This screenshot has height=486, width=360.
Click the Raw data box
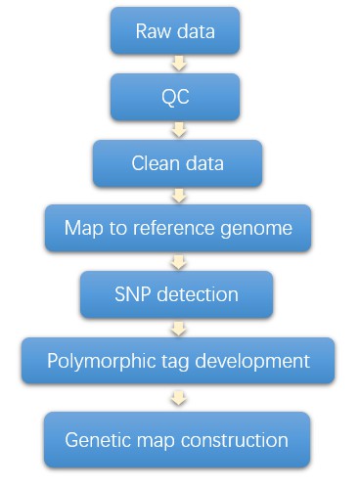[176, 32]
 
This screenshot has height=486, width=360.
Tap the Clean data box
[177, 163]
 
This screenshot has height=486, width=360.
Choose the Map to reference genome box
[177, 229]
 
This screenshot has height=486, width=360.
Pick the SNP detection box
[177, 293]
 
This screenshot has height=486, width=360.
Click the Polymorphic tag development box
[177, 361]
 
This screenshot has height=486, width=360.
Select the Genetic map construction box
[176, 439]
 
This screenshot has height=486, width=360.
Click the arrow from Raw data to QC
[177, 65]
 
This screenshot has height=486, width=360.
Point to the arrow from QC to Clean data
[177, 129]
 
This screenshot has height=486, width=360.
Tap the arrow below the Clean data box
[177, 196]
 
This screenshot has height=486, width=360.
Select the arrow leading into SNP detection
[177, 262]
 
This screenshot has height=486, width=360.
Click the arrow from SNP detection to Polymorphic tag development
[177, 327]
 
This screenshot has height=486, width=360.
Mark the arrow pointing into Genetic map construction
[177, 398]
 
